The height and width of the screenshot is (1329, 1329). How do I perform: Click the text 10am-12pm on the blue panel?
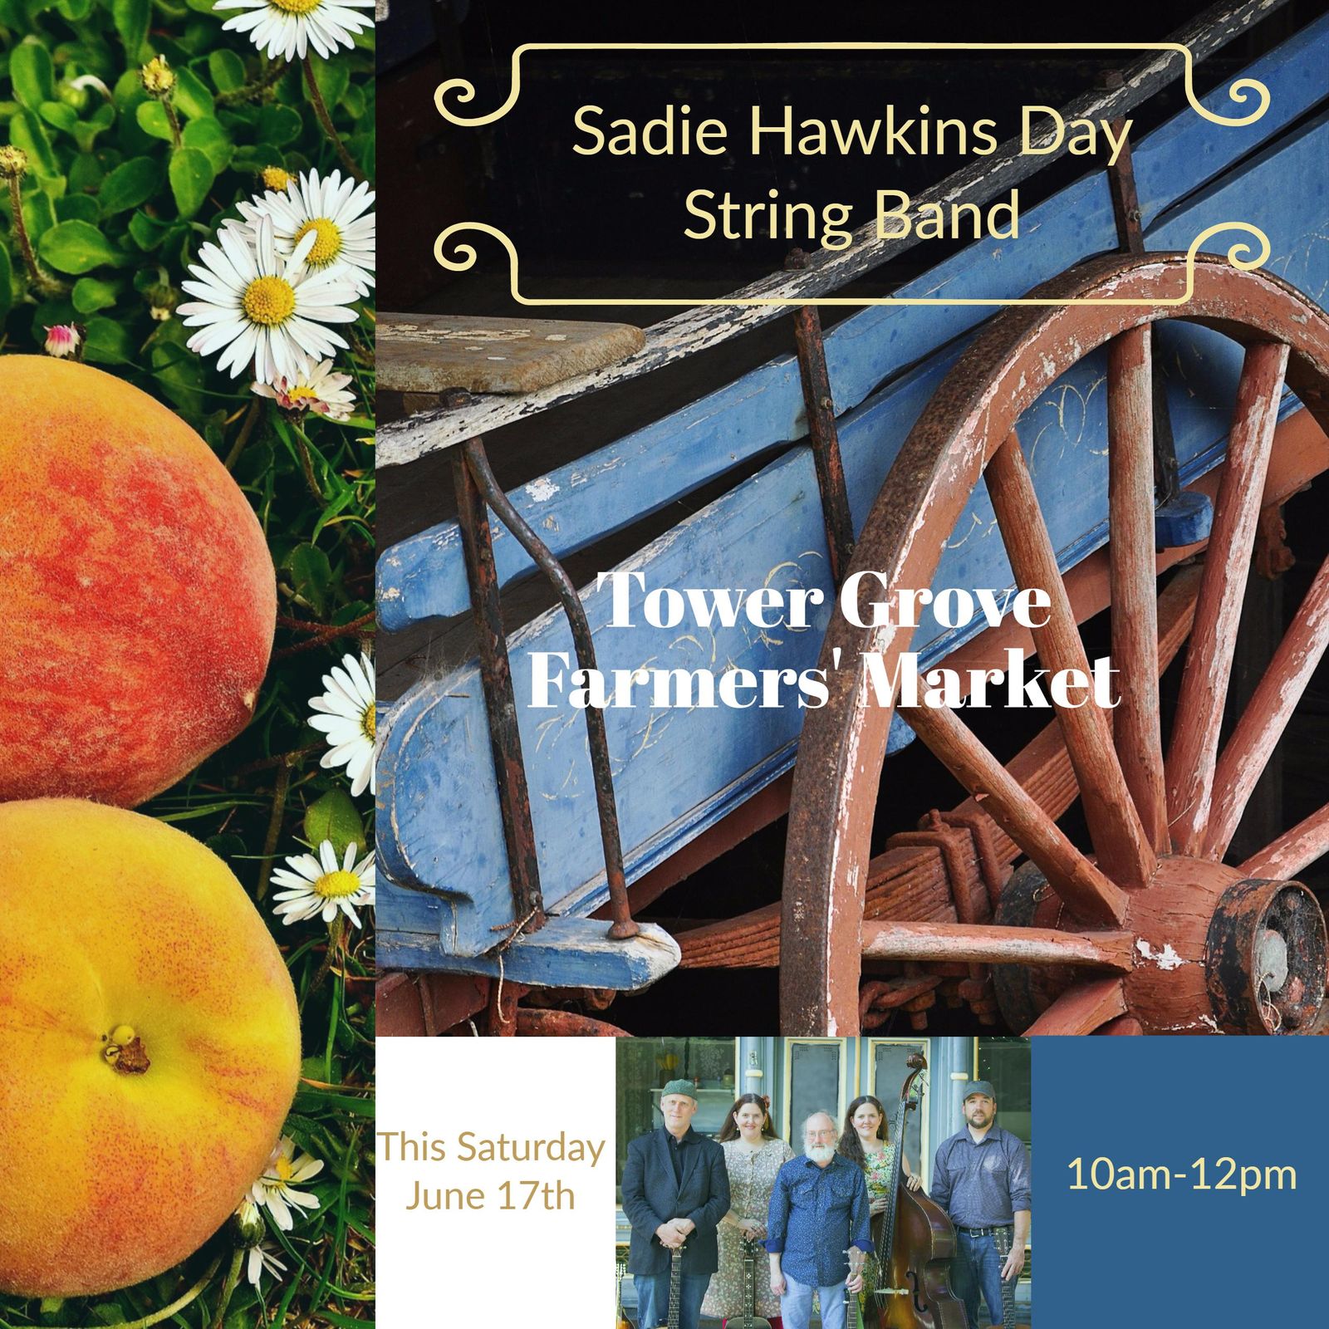1181,1175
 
